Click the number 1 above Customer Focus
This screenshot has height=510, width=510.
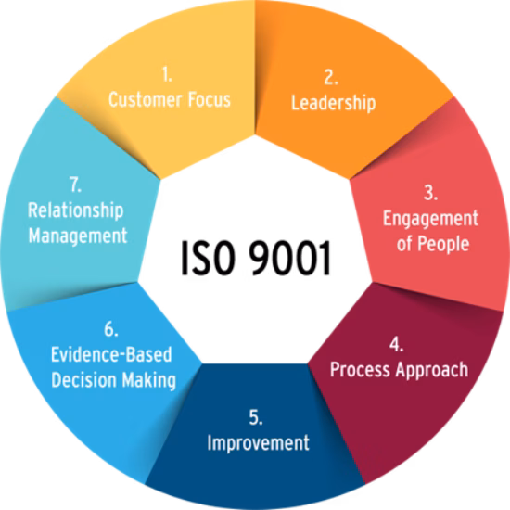[x=167, y=74]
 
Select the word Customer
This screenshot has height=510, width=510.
[x=146, y=99]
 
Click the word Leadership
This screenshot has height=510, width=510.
[x=334, y=103]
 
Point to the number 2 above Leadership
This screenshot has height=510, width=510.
[x=331, y=77]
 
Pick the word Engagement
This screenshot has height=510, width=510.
[x=430, y=219]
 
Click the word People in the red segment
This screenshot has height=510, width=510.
[x=443, y=244]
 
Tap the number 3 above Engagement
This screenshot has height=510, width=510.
[x=430, y=193]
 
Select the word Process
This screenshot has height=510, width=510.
[x=360, y=369]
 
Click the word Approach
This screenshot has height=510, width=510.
[x=432, y=370]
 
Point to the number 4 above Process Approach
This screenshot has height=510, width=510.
[x=397, y=344]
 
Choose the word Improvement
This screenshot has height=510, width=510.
[x=259, y=443]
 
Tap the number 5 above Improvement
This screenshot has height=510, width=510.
[x=256, y=417]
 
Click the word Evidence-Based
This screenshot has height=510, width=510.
[x=111, y=354]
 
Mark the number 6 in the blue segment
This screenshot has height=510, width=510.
[x=111, y=329]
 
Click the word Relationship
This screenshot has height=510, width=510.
[x=76, y=210]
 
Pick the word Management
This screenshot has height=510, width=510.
[x=78, y=236]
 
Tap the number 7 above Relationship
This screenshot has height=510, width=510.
[x=75, y=185]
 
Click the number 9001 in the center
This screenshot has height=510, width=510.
[x=290, y=259]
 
